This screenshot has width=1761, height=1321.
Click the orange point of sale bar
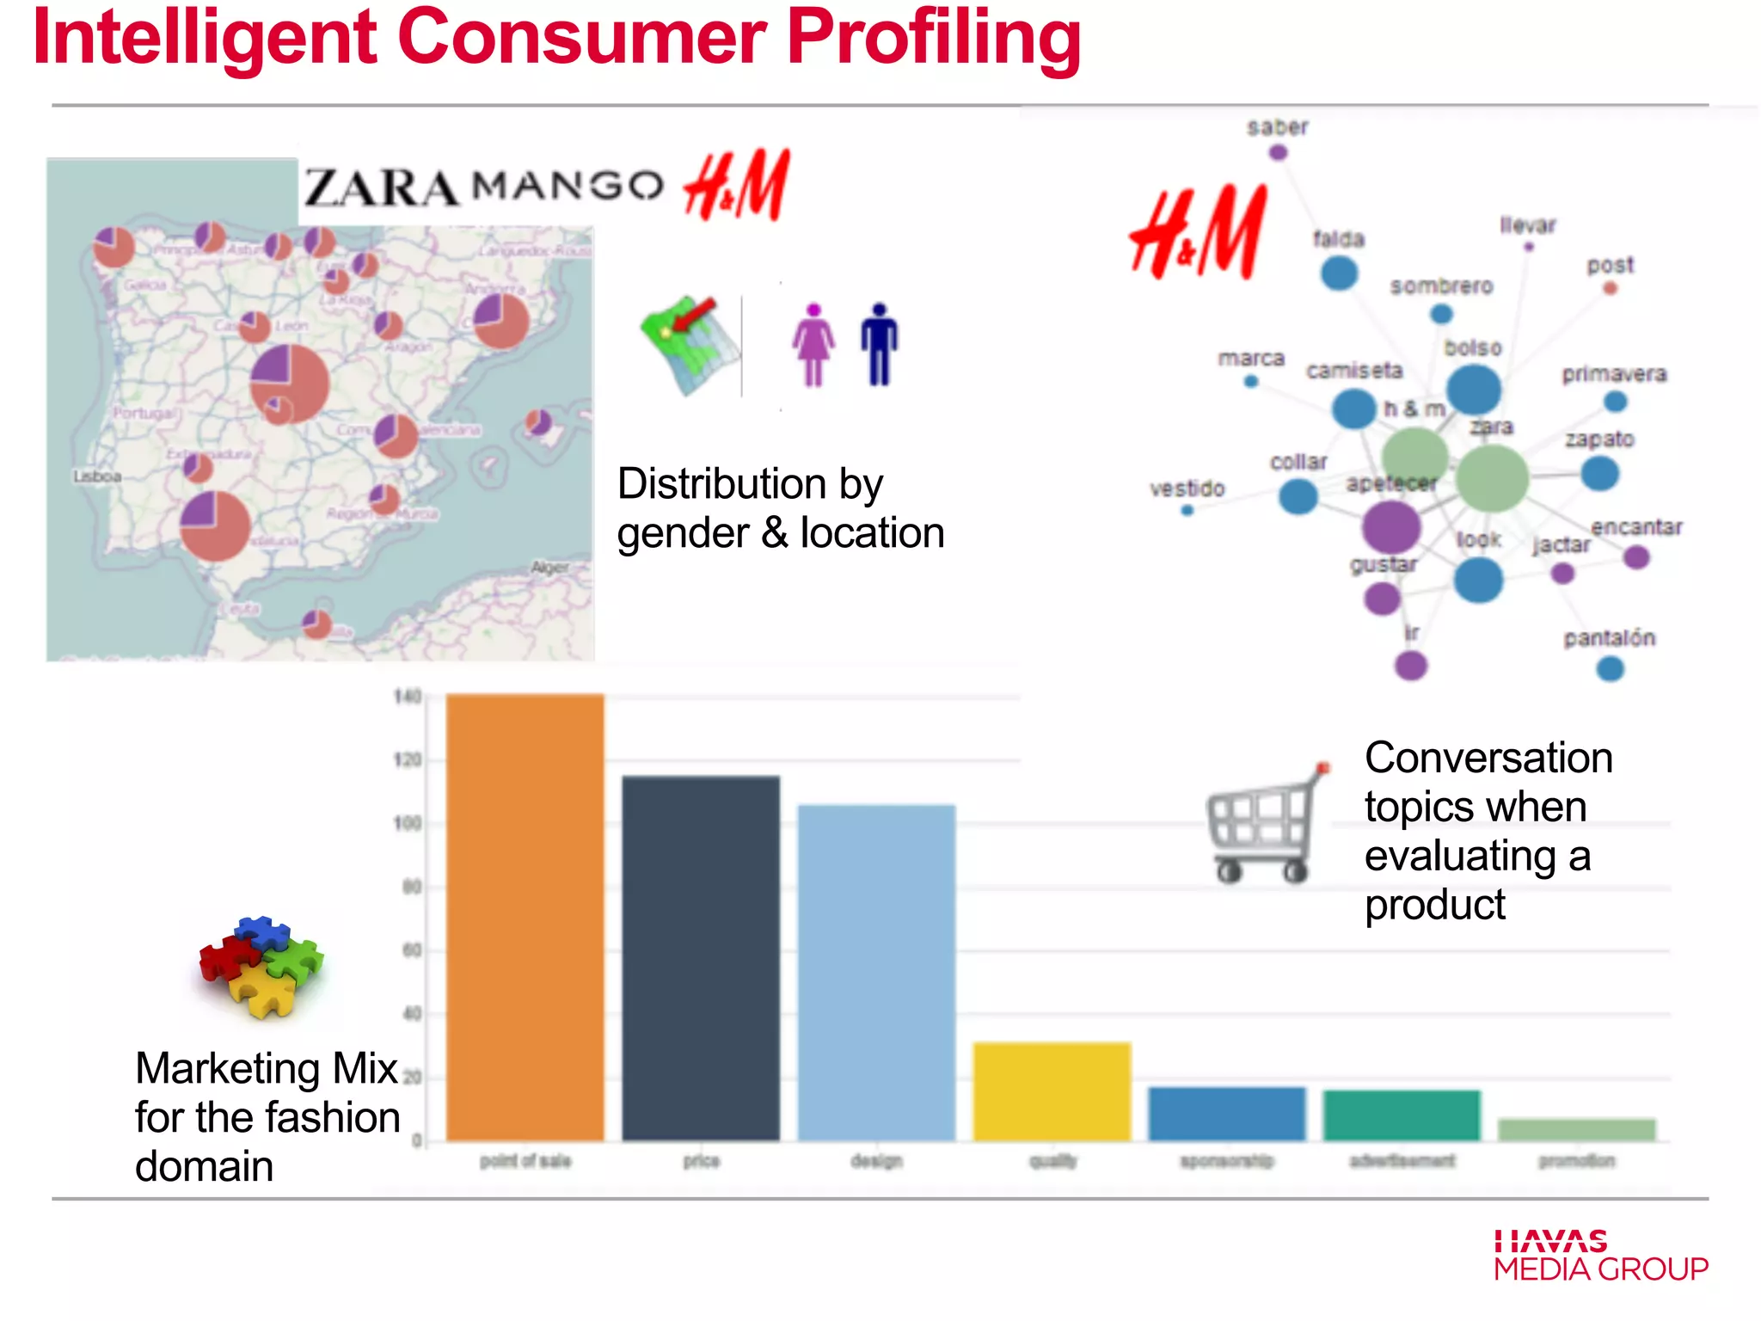tap(525, 917)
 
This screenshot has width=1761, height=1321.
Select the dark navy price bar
tap(701, 958)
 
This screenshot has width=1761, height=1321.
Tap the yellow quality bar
tap(1052, 1091)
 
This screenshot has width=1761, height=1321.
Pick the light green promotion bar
tap(1576, 1130)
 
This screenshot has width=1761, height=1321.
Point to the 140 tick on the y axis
tap(408, 697)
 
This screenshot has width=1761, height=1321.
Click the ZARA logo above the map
tap(381, 187)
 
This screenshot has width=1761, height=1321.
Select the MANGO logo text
tap(568, 186)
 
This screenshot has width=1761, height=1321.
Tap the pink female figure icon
tap(813, 345)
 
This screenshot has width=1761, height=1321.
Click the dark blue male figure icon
tap(879, 344)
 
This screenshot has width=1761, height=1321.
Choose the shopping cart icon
tap(1265, 826)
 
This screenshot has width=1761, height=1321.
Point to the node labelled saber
tap(1278, 152)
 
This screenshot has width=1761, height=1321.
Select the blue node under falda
tap(1339, 273)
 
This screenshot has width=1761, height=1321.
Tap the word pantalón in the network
tap(1609, 638)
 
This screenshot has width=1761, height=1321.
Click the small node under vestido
tap(1187, 510)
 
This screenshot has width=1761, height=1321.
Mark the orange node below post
tap(1611, 288)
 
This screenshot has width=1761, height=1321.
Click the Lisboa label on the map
tap(97, 476)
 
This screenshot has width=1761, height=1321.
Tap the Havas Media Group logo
tap(1600, 1256)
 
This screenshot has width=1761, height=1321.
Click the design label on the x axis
tap(876, 1161)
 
